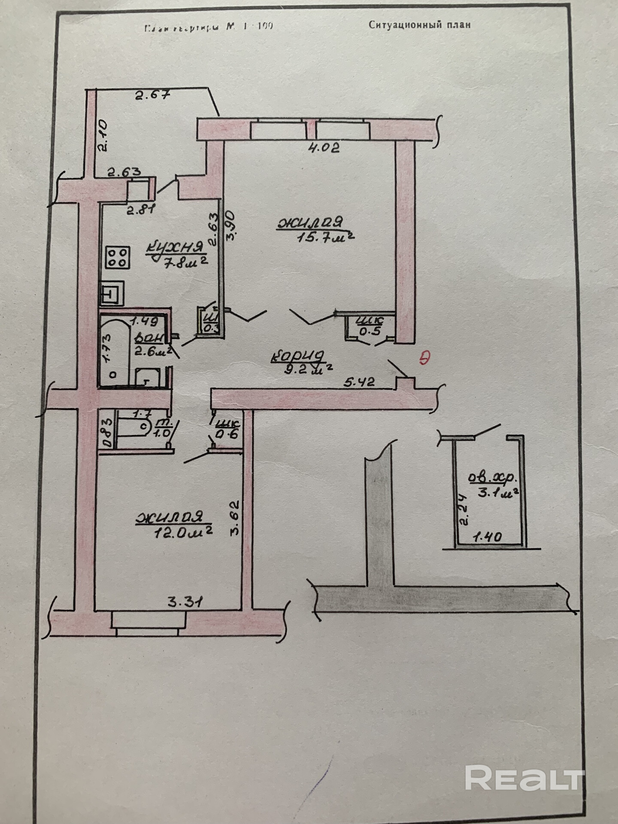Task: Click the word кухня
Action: point(174,248)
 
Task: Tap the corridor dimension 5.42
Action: point(360,382)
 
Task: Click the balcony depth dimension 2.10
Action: point(104,136)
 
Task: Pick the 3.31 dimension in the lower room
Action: point(185,602)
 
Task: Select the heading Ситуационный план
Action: point(419,25)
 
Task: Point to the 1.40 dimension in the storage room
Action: point(487,537)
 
